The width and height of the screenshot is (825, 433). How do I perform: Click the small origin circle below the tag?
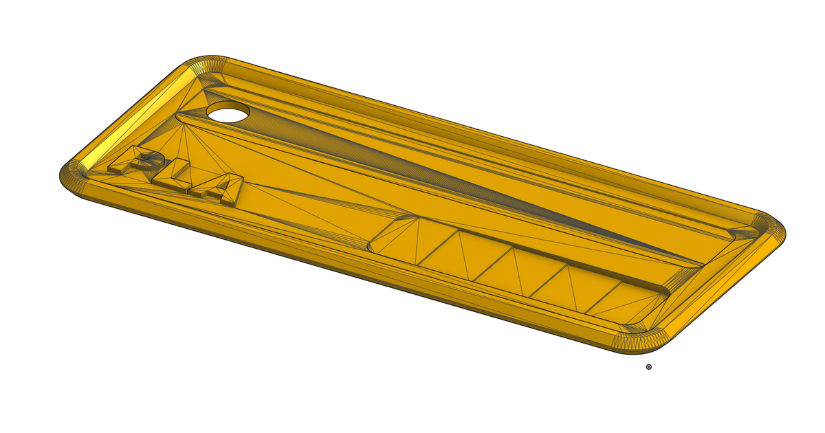point(649,367)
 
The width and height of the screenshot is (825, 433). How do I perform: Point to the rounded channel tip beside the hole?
point(184,117)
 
